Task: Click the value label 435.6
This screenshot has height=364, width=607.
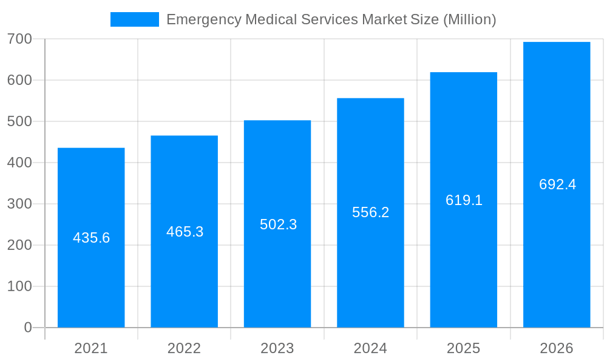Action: (x=91, y=238)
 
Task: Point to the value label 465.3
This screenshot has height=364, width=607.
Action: (x=185, y=232)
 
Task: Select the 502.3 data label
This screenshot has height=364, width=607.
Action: (x=278, y=224)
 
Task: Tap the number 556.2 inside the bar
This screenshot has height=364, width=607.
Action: (x=370, y=212)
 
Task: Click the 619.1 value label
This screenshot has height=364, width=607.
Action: (x=464, y=200)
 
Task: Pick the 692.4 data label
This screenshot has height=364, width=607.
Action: (x=557, y=184)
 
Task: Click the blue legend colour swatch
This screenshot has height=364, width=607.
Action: (x=134, y=19)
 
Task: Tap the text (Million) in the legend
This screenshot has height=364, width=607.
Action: (x=469, y=19)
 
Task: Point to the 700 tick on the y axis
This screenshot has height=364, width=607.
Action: (x=19, y=39)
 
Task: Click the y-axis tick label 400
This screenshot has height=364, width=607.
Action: (x=19, y=163)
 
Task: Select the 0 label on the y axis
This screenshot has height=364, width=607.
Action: (x=27, y=328)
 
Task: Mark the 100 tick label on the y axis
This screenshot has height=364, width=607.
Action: (x=19, y=286)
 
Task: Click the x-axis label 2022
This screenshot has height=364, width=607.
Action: (x=184, y=348)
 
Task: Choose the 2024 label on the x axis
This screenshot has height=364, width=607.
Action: (x=370, y=348)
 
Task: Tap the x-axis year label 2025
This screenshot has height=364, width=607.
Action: (x=463, y=348)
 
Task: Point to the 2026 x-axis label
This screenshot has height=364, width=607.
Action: (x=557, y=348)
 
